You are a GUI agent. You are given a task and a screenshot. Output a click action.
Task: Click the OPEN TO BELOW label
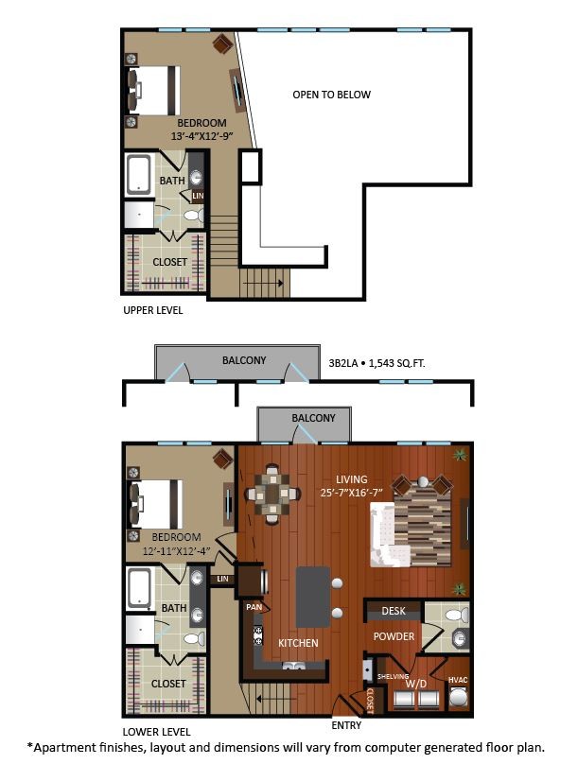331,95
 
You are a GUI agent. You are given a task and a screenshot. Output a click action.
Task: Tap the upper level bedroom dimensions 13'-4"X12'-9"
200,137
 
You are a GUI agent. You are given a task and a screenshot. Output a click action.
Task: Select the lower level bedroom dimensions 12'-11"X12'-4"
176,551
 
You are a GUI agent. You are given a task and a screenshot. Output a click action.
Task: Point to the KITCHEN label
297,643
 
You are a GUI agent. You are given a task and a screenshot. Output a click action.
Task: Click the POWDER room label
394,636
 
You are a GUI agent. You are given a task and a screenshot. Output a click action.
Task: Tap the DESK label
394,612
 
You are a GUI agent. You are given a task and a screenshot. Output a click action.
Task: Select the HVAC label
458,680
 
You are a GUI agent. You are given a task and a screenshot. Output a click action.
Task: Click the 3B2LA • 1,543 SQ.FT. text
380,361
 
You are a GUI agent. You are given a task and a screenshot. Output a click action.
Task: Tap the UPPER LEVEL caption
152,310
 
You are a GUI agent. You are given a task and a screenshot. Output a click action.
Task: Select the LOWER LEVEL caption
156,732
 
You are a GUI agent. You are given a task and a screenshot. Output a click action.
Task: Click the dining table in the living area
273,493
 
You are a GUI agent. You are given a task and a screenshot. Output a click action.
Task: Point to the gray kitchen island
313,597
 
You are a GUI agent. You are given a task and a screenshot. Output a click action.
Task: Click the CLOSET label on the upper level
169,262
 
